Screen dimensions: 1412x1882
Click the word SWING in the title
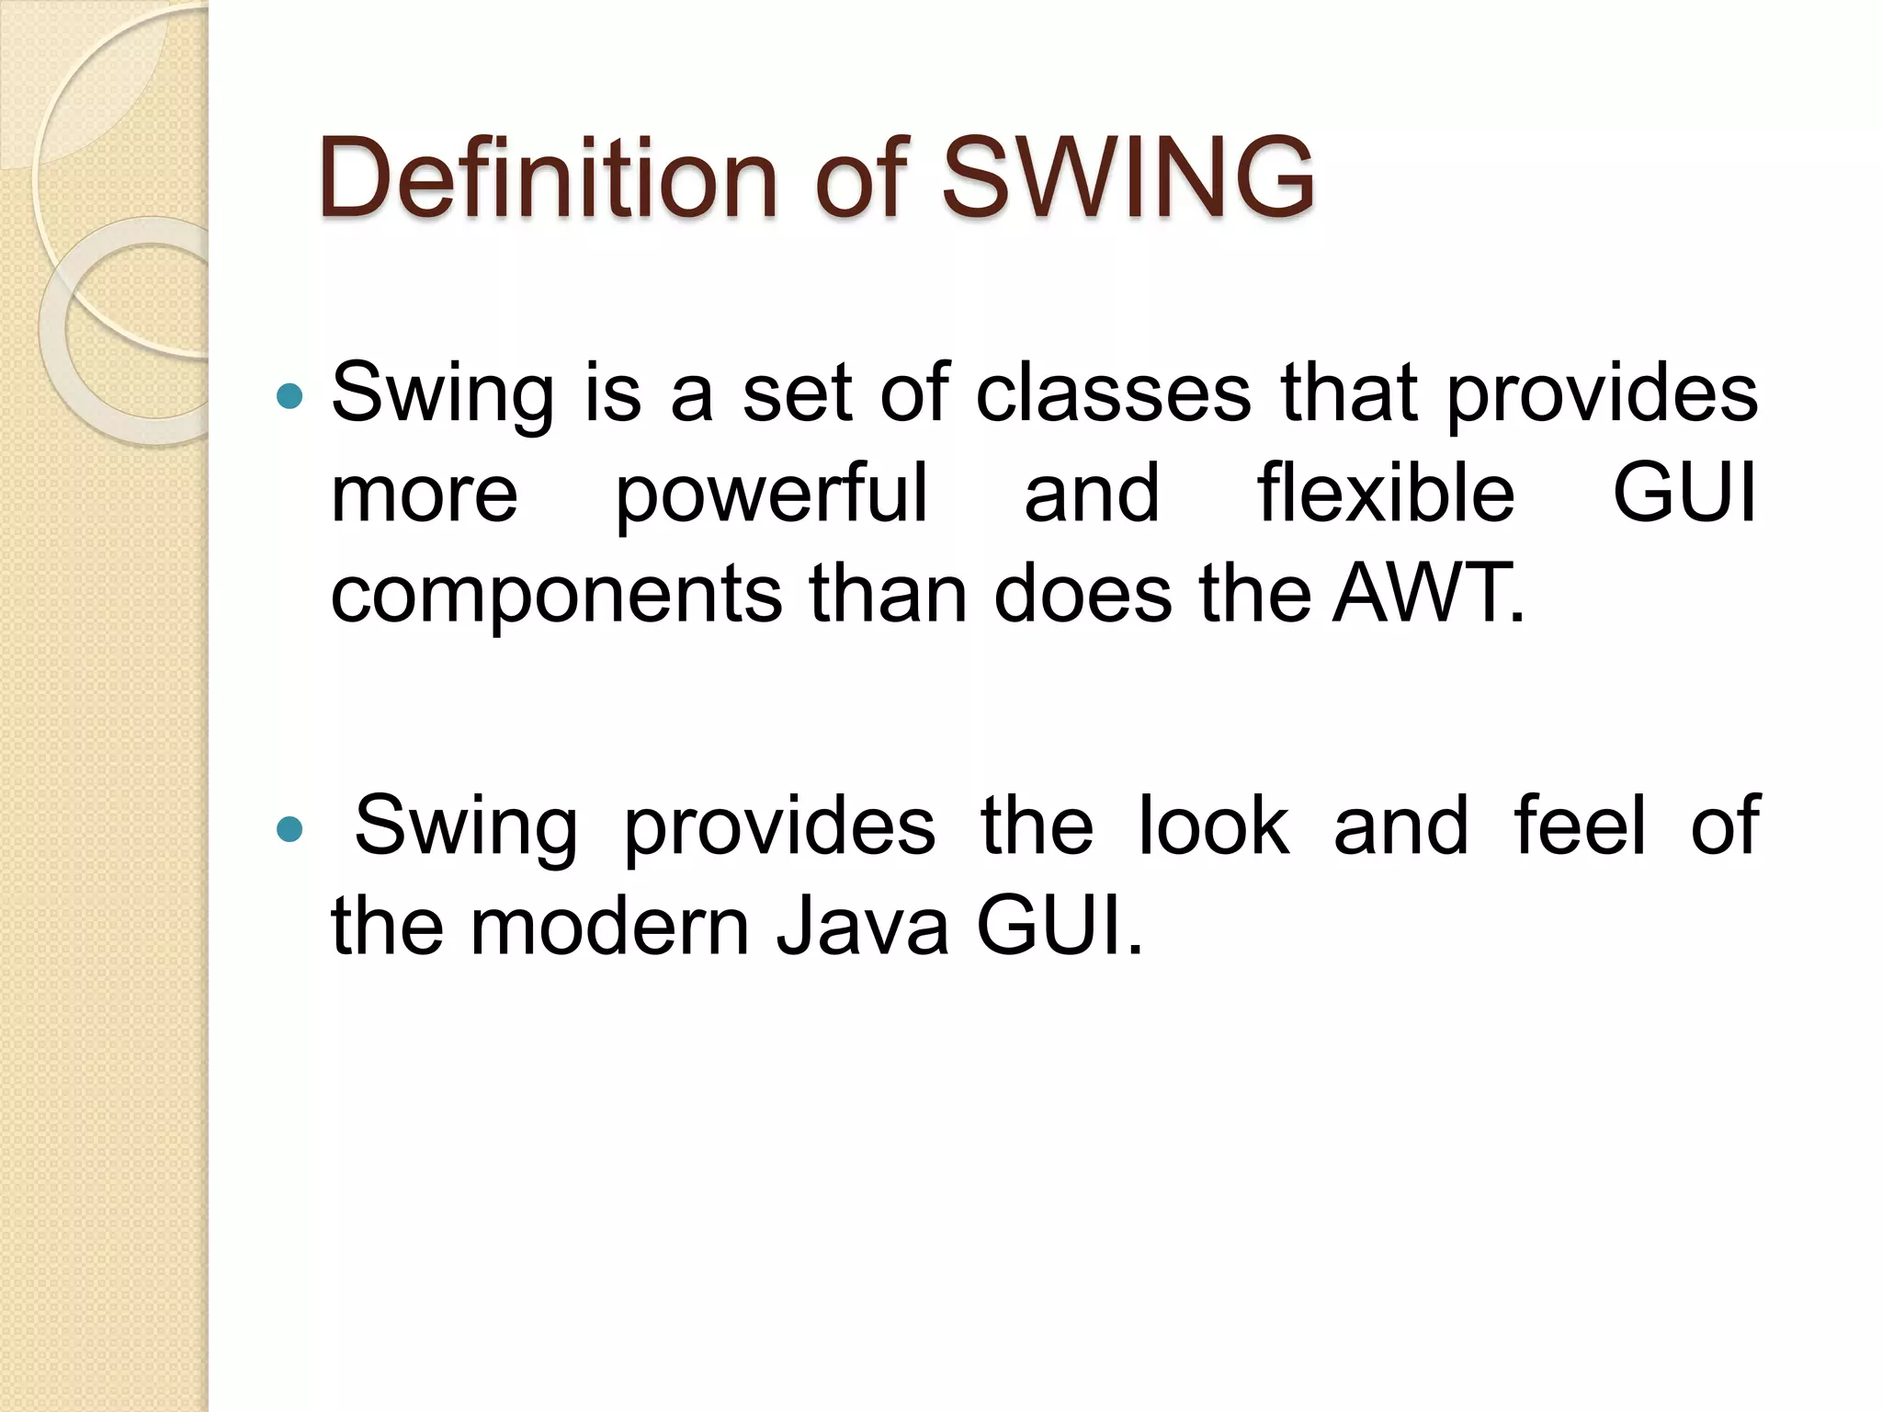[x=1128, y=176]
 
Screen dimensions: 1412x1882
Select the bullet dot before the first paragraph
[x=289, y=396]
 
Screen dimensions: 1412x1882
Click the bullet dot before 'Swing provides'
[x=289, y=829]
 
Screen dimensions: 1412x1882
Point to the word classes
[x=1113, y=393]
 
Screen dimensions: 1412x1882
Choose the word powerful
[x=771, y=494]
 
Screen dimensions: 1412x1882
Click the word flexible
[x=1386, y=494]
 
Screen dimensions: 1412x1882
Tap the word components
[x=556, y=595]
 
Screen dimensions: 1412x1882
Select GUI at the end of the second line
[x=1684, y=494]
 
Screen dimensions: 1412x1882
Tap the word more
[x=425, y=494]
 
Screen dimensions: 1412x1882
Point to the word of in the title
[x=860, y=176]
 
